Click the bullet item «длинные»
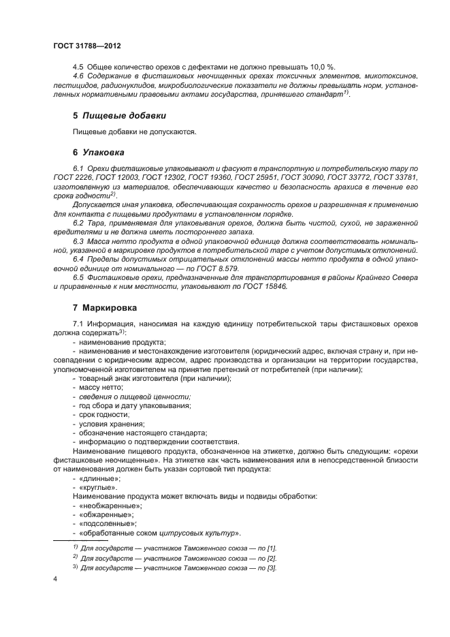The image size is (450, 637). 100,478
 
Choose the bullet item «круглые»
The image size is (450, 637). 98,487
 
